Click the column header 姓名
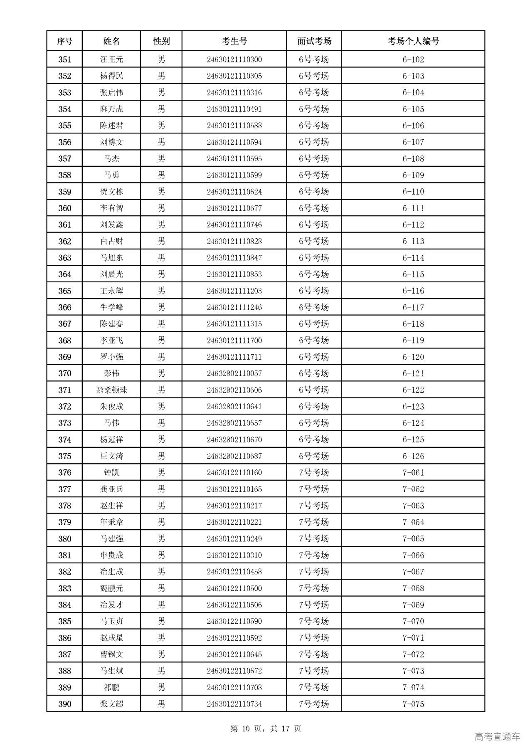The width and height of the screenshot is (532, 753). point(111,41)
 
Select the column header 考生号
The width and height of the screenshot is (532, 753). point(234,41)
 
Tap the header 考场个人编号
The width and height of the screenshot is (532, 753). point(413,41)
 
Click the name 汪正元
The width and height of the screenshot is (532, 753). point(111,59)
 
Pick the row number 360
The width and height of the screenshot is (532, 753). point(64,208)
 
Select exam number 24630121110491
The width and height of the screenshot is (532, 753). point(234,109)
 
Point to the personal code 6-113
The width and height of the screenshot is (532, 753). point(413,241)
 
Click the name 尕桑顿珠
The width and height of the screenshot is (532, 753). point(111,390)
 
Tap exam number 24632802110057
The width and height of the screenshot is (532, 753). point(234,373)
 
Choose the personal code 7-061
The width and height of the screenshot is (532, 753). point(413,472)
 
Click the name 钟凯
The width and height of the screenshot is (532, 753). point(111,472)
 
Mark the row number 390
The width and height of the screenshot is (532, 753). point(64,704)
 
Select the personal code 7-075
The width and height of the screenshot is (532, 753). point(413,704)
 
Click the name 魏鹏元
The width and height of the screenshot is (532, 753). point(111,588)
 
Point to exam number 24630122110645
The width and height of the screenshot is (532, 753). point(234,654)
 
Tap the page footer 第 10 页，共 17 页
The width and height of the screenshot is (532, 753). point(266,728)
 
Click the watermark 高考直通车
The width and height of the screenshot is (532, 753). point(497,737)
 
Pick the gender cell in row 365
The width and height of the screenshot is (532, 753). point(161,291)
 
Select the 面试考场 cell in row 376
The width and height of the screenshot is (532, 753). point(314,472)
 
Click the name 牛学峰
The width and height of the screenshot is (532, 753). point(111,307)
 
